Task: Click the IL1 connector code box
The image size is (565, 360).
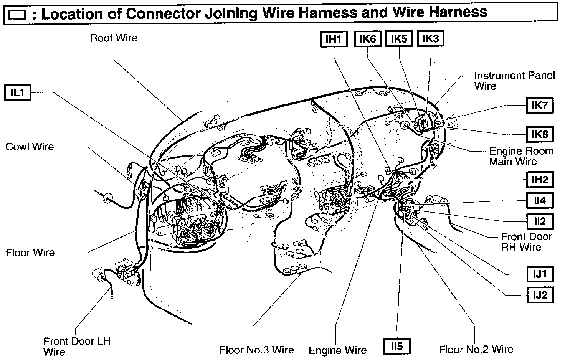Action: (17, 93)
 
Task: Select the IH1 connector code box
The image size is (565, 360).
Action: (334, 39)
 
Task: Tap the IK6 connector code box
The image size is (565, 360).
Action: (367, 39)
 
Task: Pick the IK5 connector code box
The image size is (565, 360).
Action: (399, 39)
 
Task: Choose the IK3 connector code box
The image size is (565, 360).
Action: (430, 39)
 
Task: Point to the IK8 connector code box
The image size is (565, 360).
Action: (539, 134)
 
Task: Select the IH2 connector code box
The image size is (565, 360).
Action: (539, 179)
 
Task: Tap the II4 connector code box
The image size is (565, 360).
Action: (539, 200)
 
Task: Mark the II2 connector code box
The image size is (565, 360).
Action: (539, 221)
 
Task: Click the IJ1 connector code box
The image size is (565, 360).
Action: (539, 274)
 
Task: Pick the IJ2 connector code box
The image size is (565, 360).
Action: (539, 295)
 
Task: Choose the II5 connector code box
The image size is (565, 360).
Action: (397, 347)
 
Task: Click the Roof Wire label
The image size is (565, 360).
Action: (114, 38)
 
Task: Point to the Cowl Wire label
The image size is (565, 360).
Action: (30, 147)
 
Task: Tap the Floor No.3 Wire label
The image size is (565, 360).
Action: (256, 350)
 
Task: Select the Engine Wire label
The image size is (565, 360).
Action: (337, 350)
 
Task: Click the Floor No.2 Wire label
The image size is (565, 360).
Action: (476, 349)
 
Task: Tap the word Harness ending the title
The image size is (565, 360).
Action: (458, 12)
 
